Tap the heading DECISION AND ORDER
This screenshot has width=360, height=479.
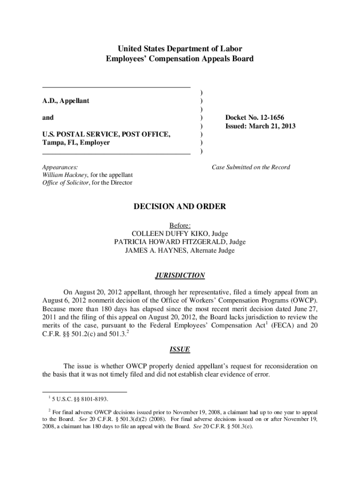(180, 206)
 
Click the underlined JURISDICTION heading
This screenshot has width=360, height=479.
(180, 276)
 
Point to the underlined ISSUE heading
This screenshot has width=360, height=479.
(180, 349)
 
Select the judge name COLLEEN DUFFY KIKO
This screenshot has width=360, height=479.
(171, 233)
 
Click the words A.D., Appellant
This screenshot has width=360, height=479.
(66, 101)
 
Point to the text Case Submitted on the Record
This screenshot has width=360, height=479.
(251, 167)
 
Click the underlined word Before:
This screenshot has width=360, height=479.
(180, 225)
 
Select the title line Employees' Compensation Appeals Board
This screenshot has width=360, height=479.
(180, 59)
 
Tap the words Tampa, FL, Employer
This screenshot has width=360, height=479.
(76, 143)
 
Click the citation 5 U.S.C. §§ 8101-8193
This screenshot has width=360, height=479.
(81, 399)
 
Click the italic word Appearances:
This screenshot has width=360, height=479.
(60, 167)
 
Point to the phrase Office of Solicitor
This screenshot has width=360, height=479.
(65, 183)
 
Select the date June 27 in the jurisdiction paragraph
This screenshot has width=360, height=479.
(306, 309)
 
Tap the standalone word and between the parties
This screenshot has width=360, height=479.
(48, 117)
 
